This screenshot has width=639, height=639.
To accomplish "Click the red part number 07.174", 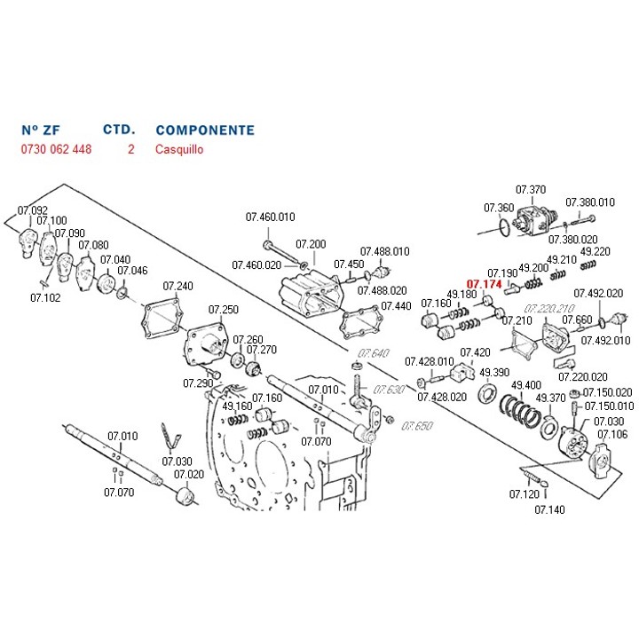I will [x=485, y=284].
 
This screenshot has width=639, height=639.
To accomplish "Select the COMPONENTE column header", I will [x=204, y=130].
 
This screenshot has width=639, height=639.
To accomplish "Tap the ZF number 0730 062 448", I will [x=56, y=149].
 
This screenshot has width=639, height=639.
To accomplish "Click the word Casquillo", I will [x=179, y=149].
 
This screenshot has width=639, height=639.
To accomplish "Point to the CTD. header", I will [x=119, y=130].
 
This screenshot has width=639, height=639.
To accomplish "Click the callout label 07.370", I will [x=531, y=189].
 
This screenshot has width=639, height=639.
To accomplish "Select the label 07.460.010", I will [x=270, y=217].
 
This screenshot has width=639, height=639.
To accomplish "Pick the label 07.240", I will [x=177, y=286].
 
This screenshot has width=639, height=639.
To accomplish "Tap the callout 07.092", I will [x=33, y=210].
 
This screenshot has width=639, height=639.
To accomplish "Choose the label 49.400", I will [x=526, y=384].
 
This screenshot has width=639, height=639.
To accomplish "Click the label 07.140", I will [x=549, y=509].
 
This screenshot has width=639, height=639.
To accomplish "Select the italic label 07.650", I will [x=416, y=426].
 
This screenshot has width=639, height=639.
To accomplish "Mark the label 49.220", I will [x=595, y=251].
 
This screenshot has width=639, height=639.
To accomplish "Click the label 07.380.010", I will [x=590, y=202].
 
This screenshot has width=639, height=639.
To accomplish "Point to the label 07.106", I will [x=612, y=434].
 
